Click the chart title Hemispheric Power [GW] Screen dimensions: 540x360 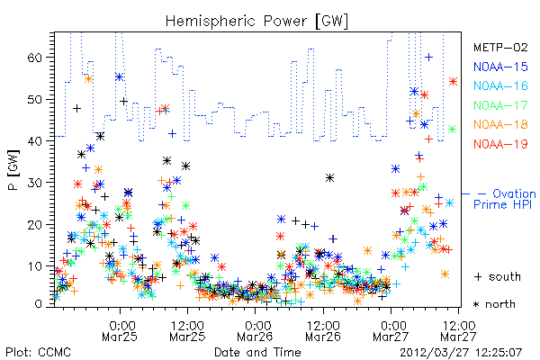[256, 22]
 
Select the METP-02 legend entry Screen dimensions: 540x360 [500, 47]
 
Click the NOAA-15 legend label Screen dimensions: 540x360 [500, 67]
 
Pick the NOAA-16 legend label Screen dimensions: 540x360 [500, 85]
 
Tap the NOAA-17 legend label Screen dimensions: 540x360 [500, 105]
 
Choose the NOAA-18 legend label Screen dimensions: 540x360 [500, 124]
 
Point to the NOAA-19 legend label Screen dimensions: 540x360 [500, 144]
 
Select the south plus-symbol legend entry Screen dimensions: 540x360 [498, 276]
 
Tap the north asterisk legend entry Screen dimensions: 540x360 [494, 304]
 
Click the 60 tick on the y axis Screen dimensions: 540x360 [34, 58]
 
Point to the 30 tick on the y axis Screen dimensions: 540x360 [34, 183]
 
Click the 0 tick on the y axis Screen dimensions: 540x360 [38, 304]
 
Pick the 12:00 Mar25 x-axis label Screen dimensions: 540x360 [187, 330]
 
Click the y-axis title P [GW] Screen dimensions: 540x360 [13, 170]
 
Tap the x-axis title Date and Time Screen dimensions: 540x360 [257, 353]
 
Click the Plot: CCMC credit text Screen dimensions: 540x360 [38, 353]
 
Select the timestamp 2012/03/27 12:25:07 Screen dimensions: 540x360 [461, 353]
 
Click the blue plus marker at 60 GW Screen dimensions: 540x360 [428, 58]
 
